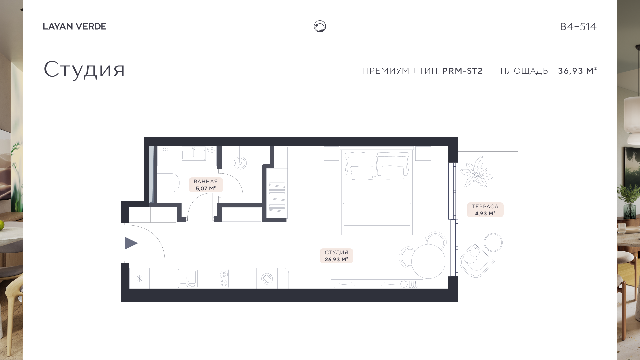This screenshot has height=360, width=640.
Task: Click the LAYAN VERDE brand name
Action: click(75, 26)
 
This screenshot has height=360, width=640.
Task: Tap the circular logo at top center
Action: click(320, 26)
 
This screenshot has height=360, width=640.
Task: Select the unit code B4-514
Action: click(578, 27)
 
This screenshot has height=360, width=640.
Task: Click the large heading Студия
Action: click(84, 70)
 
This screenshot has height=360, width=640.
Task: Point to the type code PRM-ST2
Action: click(462, 71)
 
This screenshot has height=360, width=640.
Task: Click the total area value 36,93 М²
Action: click(577, 71)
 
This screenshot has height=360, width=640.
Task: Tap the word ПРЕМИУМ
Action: click(386, 71)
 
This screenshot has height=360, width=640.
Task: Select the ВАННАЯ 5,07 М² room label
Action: click(206, 185)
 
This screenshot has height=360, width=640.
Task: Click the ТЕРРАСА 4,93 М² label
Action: click(485, 210)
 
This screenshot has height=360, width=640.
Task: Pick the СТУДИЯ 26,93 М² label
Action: click(336, 256)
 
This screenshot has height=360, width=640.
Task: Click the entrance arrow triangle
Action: click(131, 243)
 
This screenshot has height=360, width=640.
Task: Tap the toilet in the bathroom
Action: click(168, 183)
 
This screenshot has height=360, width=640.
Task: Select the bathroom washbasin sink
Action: click(194, 155)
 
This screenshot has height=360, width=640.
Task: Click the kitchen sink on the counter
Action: click(188, 278)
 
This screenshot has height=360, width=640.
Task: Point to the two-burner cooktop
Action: click(224, 278)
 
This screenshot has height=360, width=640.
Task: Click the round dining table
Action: click(428, 261)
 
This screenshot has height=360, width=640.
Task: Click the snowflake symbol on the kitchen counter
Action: click(139, 278)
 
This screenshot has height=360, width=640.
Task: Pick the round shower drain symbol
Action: click(240, 163)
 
